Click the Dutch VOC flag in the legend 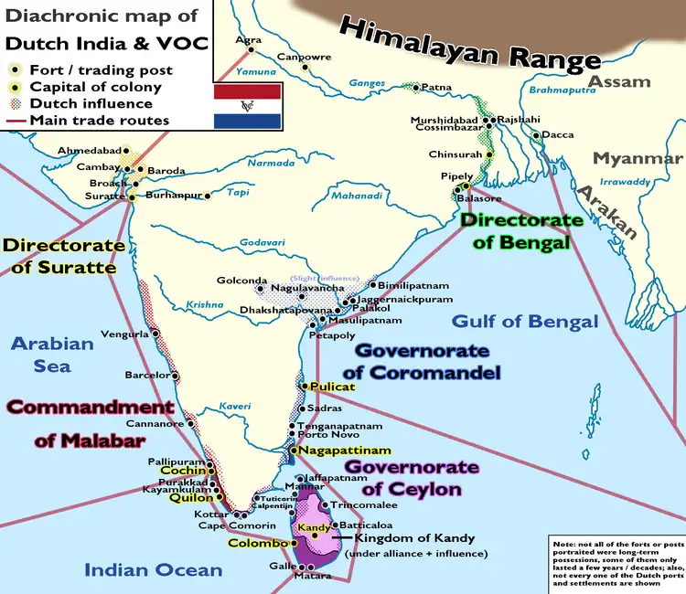247,105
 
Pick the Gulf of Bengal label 525,321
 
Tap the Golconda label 241,281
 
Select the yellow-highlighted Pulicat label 331,387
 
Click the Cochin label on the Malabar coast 182,471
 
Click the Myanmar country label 638,158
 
